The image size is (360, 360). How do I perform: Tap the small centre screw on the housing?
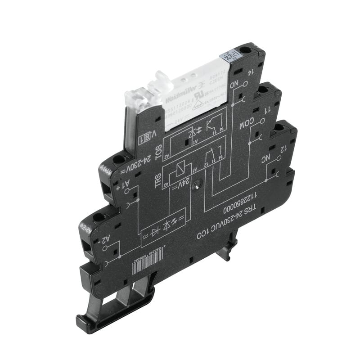(196, 184)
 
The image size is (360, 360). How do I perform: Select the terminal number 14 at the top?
(248, 71)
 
